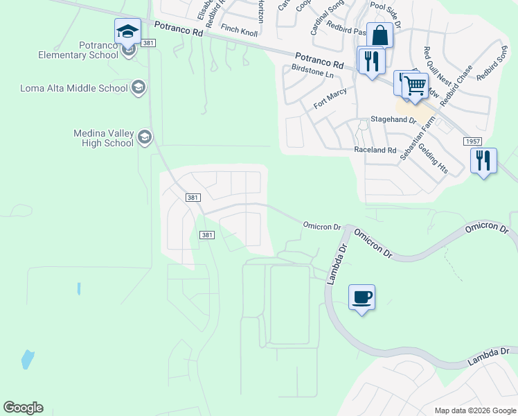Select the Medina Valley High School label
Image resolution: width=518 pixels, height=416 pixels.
point(103,138)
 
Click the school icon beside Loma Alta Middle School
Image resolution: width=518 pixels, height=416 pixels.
point(139,87)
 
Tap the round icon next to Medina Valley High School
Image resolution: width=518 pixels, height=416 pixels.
point(145,137)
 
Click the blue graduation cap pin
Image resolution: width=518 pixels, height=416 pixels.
point(127,31)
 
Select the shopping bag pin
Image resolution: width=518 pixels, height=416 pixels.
point(379,35)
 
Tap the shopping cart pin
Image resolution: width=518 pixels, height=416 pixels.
point(415,86)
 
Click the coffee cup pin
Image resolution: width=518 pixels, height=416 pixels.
point(361,297)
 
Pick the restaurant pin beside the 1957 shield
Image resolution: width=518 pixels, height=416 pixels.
point(483,161)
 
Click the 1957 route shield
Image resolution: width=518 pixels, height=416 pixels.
point(473,141)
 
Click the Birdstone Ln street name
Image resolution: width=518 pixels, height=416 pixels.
point(313,71)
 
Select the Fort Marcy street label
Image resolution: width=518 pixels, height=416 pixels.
point(330,98)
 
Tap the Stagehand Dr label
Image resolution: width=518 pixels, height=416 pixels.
point(393,120)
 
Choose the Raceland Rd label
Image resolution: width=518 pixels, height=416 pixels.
point(375,150)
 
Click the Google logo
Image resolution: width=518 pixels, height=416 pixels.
point(24,408)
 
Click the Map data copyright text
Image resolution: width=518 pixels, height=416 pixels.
point(474,410)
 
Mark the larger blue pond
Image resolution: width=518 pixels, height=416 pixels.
point(27,358)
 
